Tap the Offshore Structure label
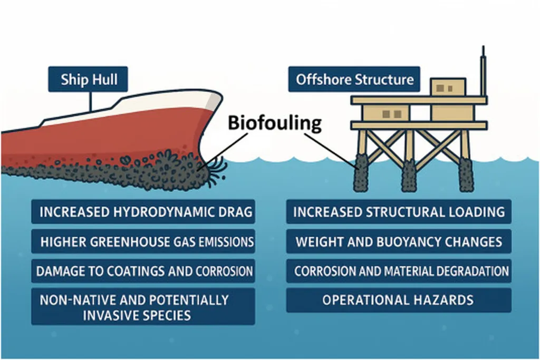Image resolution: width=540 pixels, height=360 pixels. click(x=354, y=80)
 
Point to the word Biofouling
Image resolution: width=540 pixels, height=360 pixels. click(x=274, y=123)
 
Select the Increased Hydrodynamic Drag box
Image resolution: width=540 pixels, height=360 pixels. click(x=143, y=212)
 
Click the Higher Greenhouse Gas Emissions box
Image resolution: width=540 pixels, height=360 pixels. click(x=143, y=242)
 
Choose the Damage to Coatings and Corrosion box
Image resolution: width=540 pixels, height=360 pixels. click(x=143, y=271)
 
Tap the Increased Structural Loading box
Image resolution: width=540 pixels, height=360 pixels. click(x=399, y=212)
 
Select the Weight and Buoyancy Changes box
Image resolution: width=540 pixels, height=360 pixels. click(x=399, y=242)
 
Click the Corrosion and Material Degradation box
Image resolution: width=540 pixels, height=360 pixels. click(x=399, y=271)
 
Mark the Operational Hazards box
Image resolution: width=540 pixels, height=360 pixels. click(x=399, y=300)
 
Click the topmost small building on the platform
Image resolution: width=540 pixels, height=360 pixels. click(x=448, y=86)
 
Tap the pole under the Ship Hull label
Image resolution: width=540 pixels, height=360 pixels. click(x=90, y=101)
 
